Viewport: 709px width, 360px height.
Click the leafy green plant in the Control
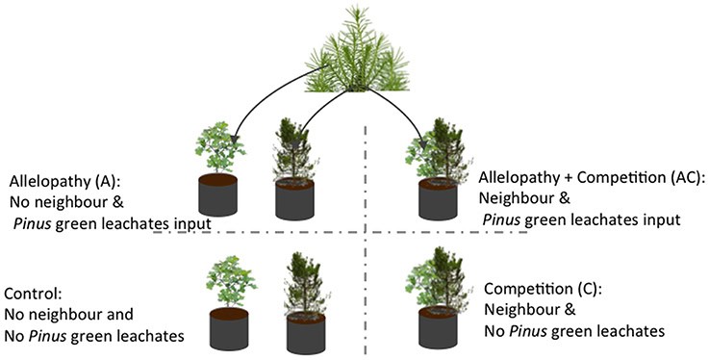(227, 279)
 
